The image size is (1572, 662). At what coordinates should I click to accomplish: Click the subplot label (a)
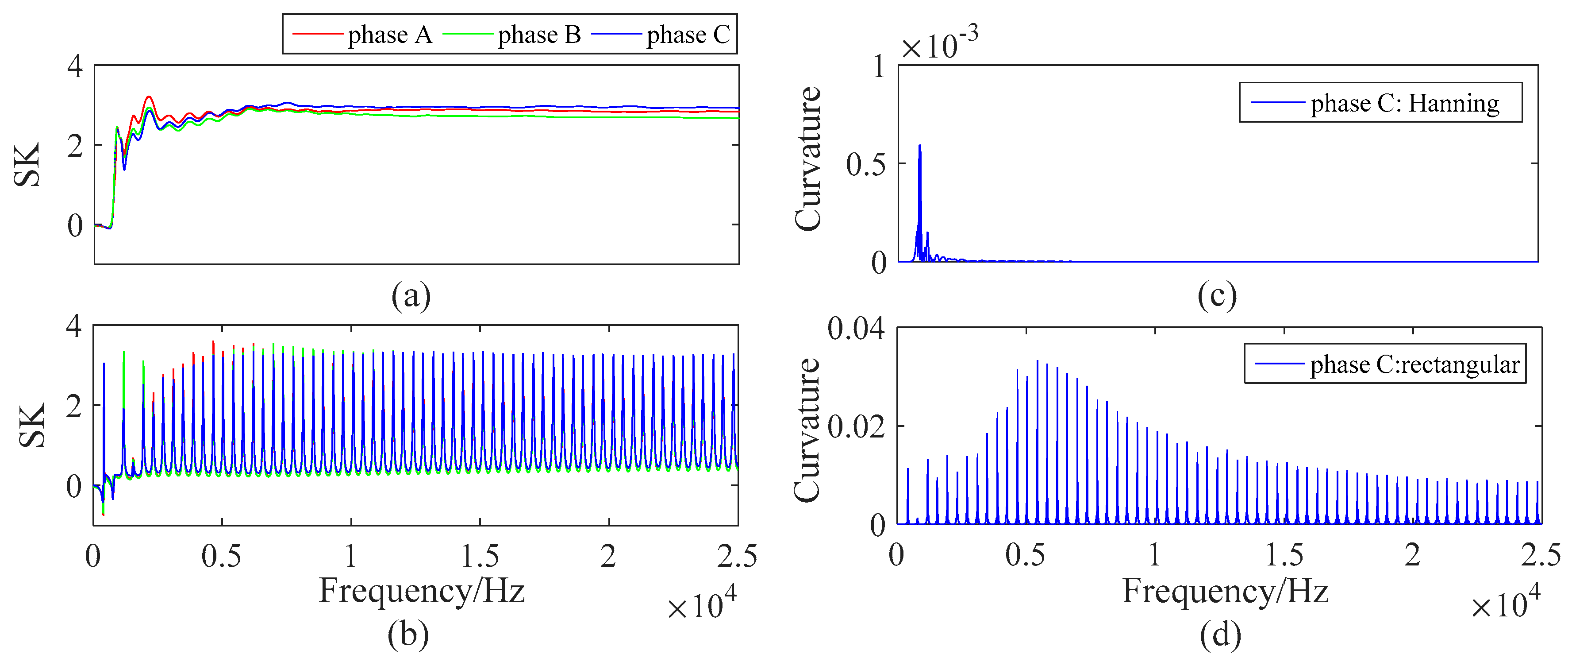[x=411, y=296]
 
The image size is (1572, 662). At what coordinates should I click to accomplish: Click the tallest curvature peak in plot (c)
[x=920, y=147]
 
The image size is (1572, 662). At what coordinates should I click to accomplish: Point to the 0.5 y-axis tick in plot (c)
[x=866, y=164]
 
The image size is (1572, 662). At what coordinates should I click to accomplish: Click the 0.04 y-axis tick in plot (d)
[x=856, y=329]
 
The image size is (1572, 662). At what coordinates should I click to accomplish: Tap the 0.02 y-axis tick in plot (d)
[x=856, y=426]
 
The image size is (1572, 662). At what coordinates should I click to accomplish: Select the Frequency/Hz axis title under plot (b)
[x=422, y=591]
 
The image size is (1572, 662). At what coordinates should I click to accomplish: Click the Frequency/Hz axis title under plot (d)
[x=1226, y=591]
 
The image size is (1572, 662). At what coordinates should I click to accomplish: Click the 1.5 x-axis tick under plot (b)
[x=480, y=556]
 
